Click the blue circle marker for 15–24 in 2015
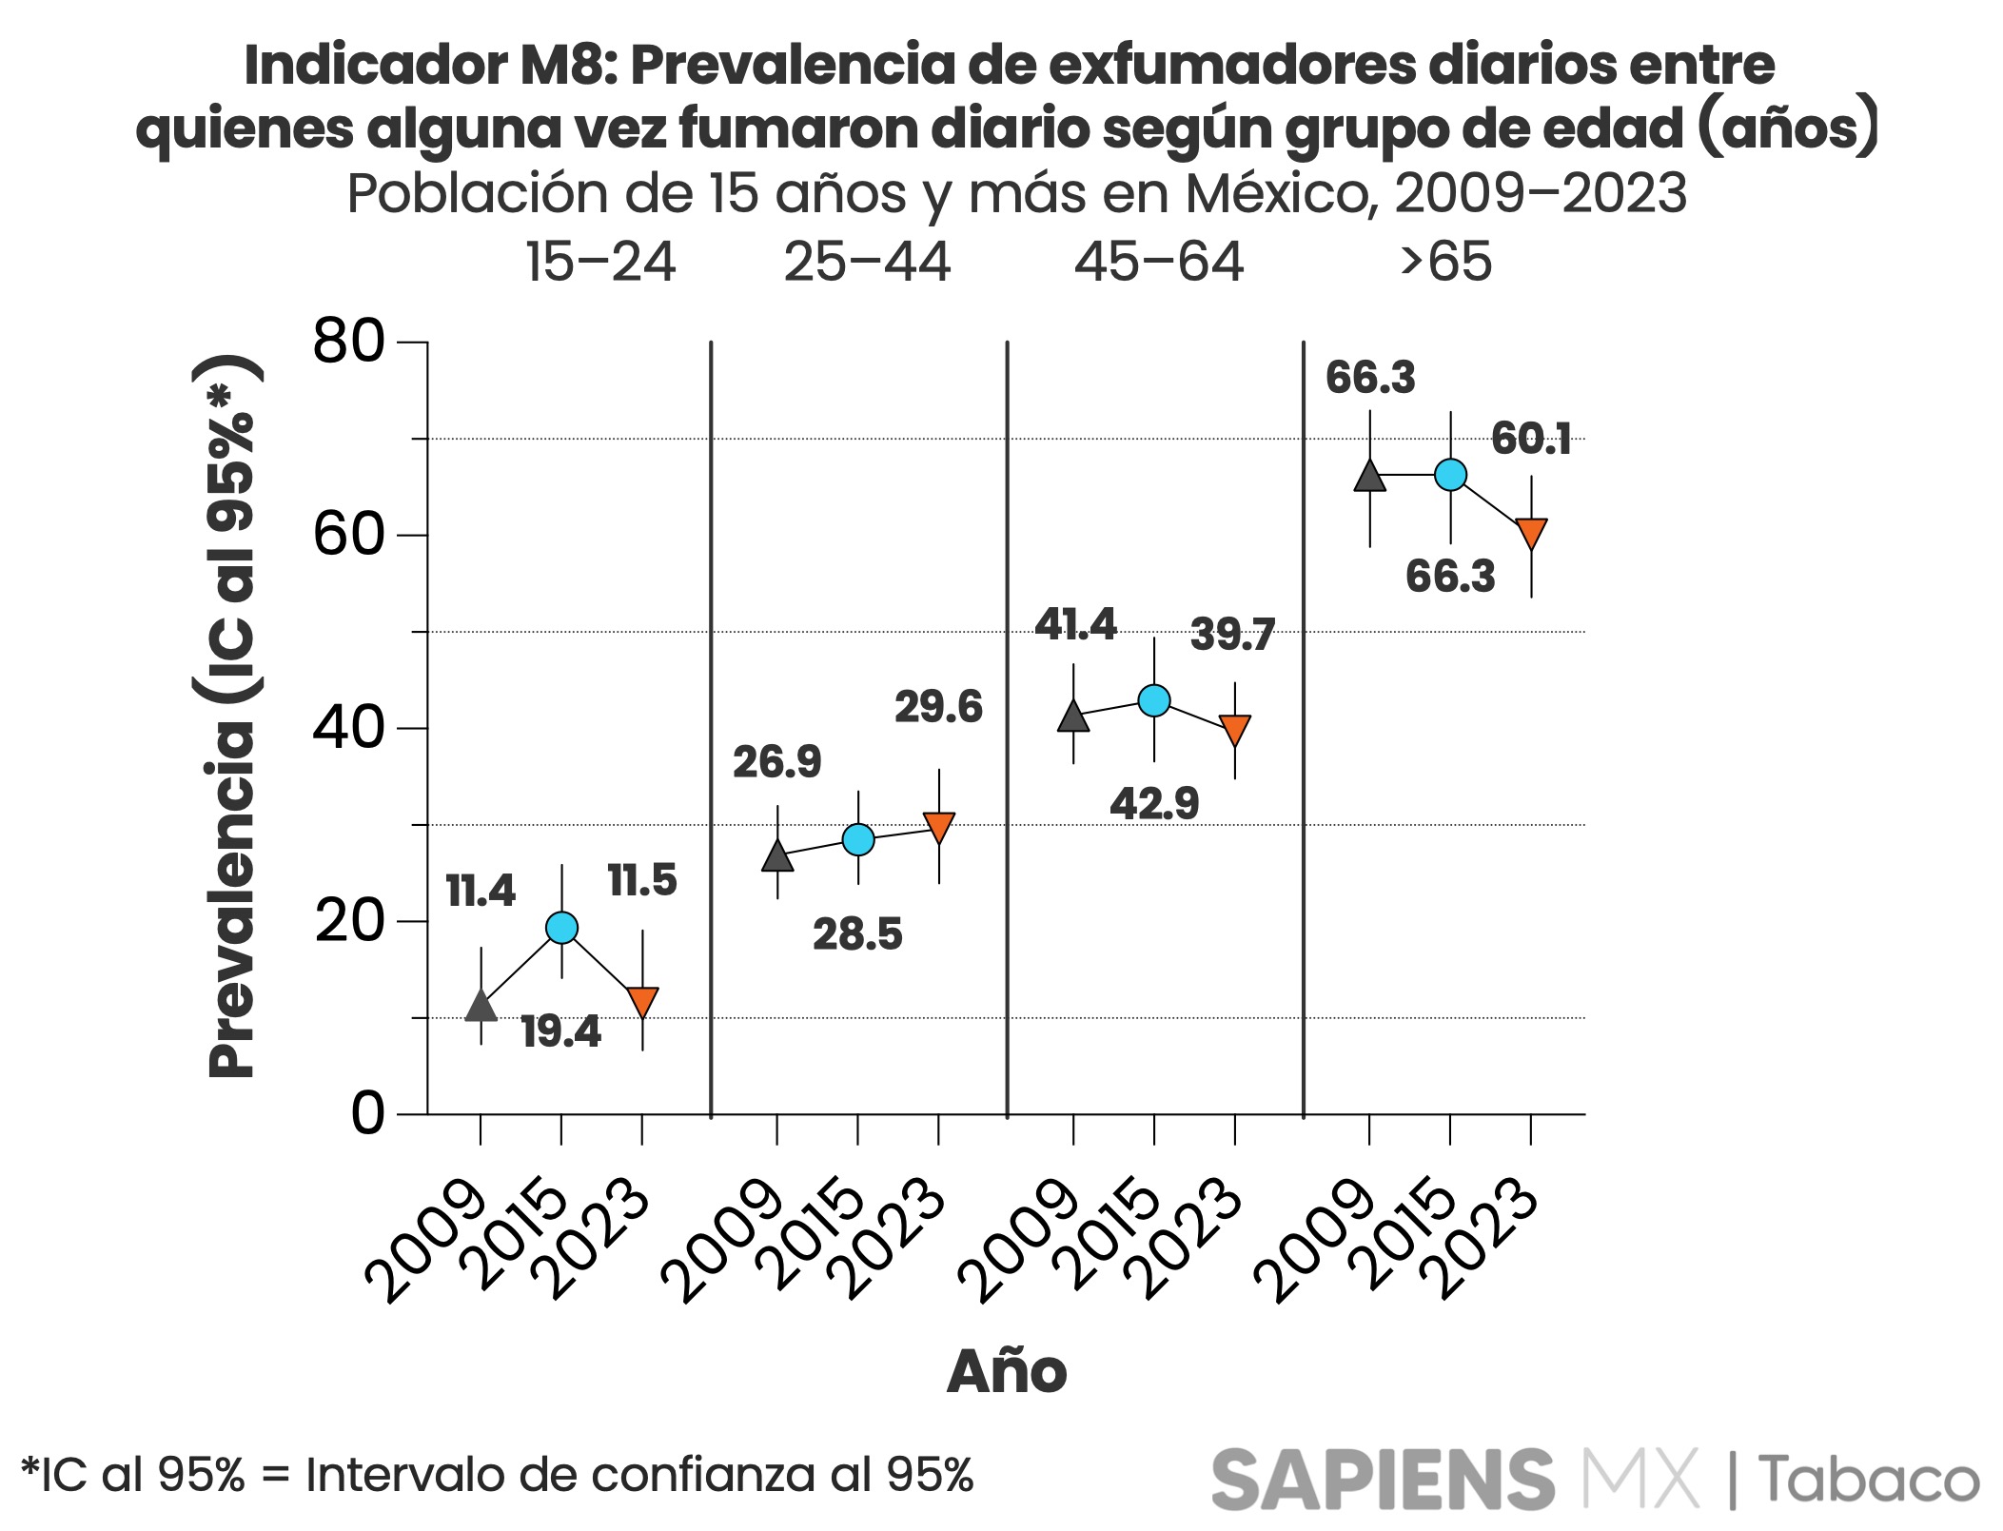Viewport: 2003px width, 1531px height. tap(561, 927)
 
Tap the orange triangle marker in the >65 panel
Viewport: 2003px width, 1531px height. tap(1531, 533)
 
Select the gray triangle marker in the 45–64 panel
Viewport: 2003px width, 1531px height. tap(1073, 716)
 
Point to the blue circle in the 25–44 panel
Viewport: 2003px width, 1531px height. tap(858, 839)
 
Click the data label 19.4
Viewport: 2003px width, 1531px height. tap(561, 1031)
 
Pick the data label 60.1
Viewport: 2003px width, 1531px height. tap(1531, 439)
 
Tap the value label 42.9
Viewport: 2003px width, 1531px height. tap(1154, 804)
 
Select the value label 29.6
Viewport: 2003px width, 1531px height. tap(938, 707)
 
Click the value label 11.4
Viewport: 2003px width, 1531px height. tap(481, 892)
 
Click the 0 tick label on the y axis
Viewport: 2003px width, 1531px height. tap(367, 1113)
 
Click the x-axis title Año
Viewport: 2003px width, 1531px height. tap(1007, 1371)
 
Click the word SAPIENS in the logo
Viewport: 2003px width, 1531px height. tap(1383, 1480)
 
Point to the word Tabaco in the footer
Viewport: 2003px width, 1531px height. tap(1869, 1480)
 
